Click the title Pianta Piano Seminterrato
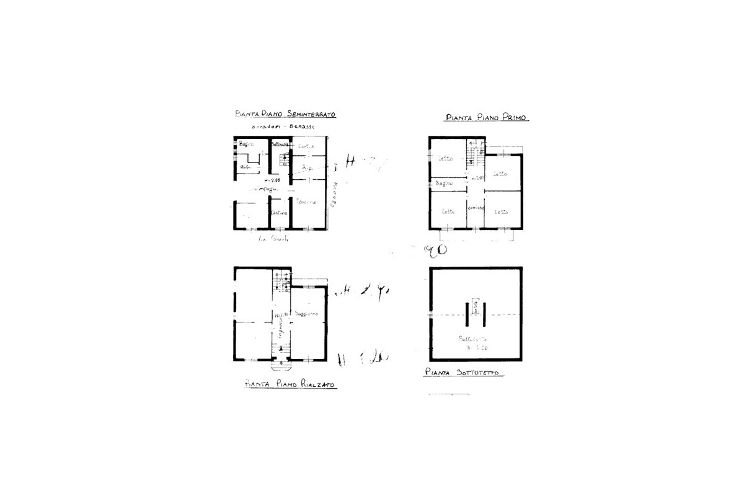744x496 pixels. click(x=285, y=115)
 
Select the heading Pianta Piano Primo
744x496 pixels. click(x=487, y=117)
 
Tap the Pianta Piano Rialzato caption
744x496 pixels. click(x=290, y=385)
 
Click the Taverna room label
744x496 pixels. click(x=306, y=201)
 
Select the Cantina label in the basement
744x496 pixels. click(x=278, y=213)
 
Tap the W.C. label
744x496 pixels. click(x=246, y=167)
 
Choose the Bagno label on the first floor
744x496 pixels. click(x=445, y=184)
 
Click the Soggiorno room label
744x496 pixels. click(x=307, y=314)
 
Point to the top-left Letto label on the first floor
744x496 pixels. click(x=446, y=159)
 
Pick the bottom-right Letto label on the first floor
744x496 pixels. click(x=501, y=212)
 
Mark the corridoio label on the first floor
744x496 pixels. click(x=476, y=207)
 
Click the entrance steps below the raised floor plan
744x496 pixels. click(x=281, y=358)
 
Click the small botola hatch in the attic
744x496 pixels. click(x=476, y=306)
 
